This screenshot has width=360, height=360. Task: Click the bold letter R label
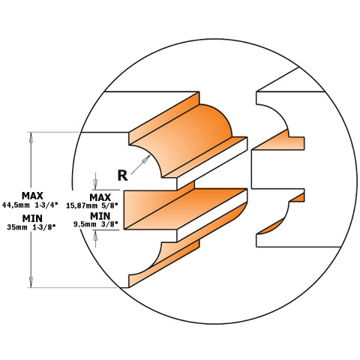pos(122,175)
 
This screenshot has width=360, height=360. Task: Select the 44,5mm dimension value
pos(16,204)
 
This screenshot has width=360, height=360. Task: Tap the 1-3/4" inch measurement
pos(44,204)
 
